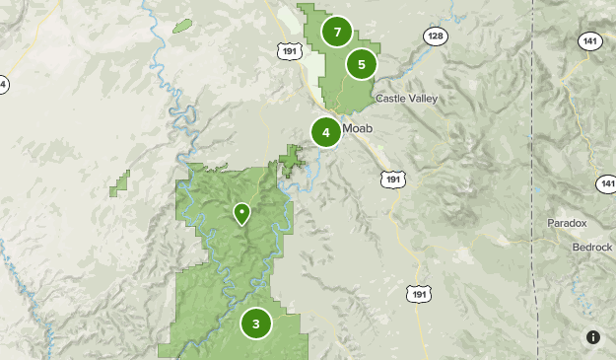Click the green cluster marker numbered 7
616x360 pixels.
(x=337, y=33)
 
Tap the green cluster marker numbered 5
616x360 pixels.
(x=362, y=64)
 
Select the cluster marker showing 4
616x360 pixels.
(x=325, y=131)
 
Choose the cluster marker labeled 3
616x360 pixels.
(x=256, y=323)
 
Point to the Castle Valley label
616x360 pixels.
(x=406, y=99)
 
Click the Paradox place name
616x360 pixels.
(x=567, y=224)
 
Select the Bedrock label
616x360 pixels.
(x=592, y=247)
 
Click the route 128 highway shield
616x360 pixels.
(x=435, y=36)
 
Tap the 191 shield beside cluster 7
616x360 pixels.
(x=289, y=49)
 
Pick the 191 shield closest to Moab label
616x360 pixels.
(x=392, y=179)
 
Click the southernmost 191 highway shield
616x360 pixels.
(x=419, y=294)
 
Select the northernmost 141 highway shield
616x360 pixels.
(x=589, y=40)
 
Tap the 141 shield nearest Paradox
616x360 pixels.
(x=606, y=184)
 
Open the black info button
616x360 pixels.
(x=593, y=337)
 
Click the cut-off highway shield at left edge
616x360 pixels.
(x=2, y=85)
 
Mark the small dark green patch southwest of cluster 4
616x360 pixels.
(x=291, y=159)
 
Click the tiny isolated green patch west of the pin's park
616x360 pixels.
(x=121, y=182)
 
